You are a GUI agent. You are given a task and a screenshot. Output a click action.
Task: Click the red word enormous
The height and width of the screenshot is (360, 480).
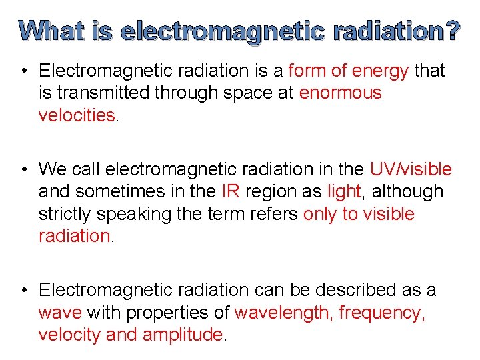[341, 93]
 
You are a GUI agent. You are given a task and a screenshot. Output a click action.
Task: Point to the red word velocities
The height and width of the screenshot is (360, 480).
[77, 115]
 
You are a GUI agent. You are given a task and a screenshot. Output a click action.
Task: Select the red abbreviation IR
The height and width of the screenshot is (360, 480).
[231, 191]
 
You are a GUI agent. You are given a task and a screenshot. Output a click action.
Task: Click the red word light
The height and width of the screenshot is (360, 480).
[343, 191]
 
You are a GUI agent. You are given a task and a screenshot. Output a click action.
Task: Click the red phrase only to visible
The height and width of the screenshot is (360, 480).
[359, 214]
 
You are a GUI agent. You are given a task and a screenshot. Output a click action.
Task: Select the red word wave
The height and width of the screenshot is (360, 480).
[60, 312]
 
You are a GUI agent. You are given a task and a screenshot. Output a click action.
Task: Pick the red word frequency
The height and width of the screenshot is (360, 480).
[381, 312]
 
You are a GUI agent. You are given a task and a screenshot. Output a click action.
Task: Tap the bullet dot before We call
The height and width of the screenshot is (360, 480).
[23, 169]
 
